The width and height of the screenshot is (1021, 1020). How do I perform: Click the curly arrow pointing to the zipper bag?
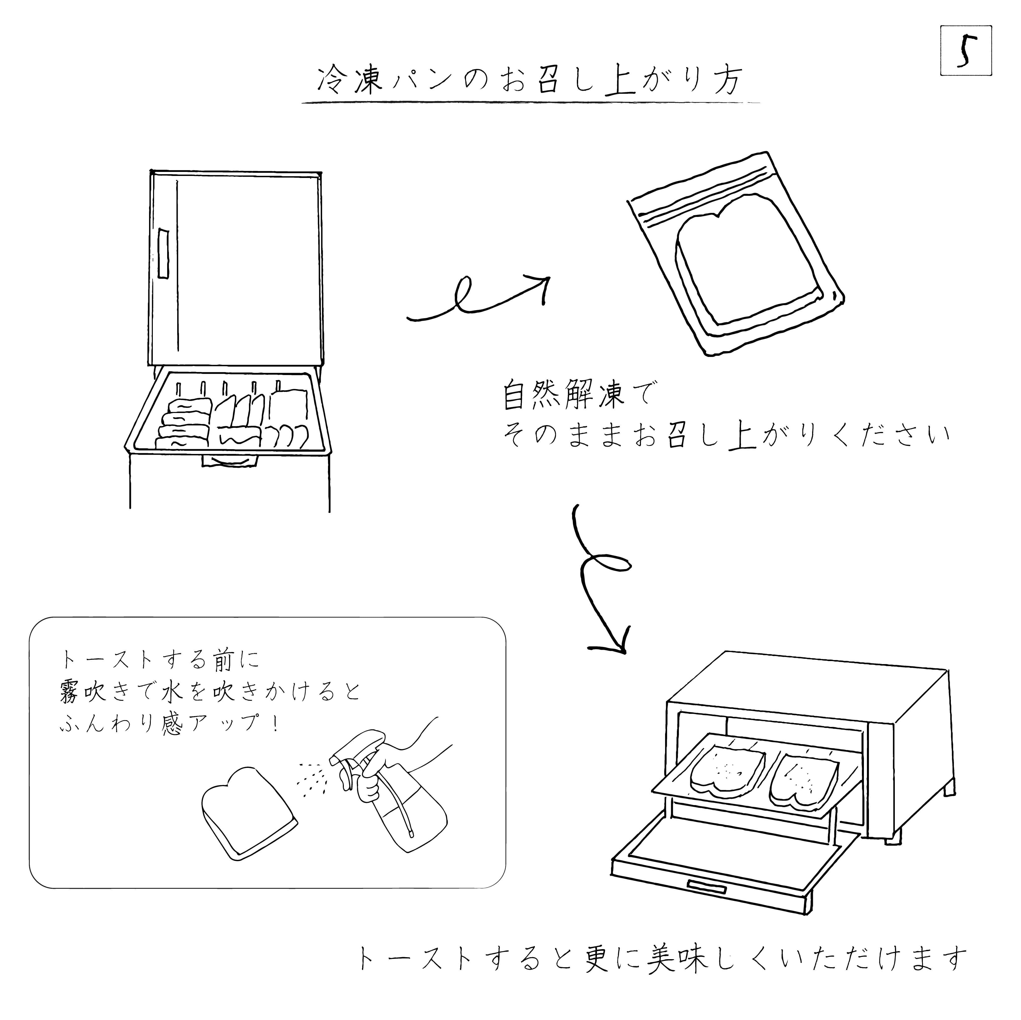click(x=478, y=299)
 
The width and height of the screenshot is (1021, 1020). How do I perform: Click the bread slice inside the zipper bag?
click(x=748, y=259)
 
